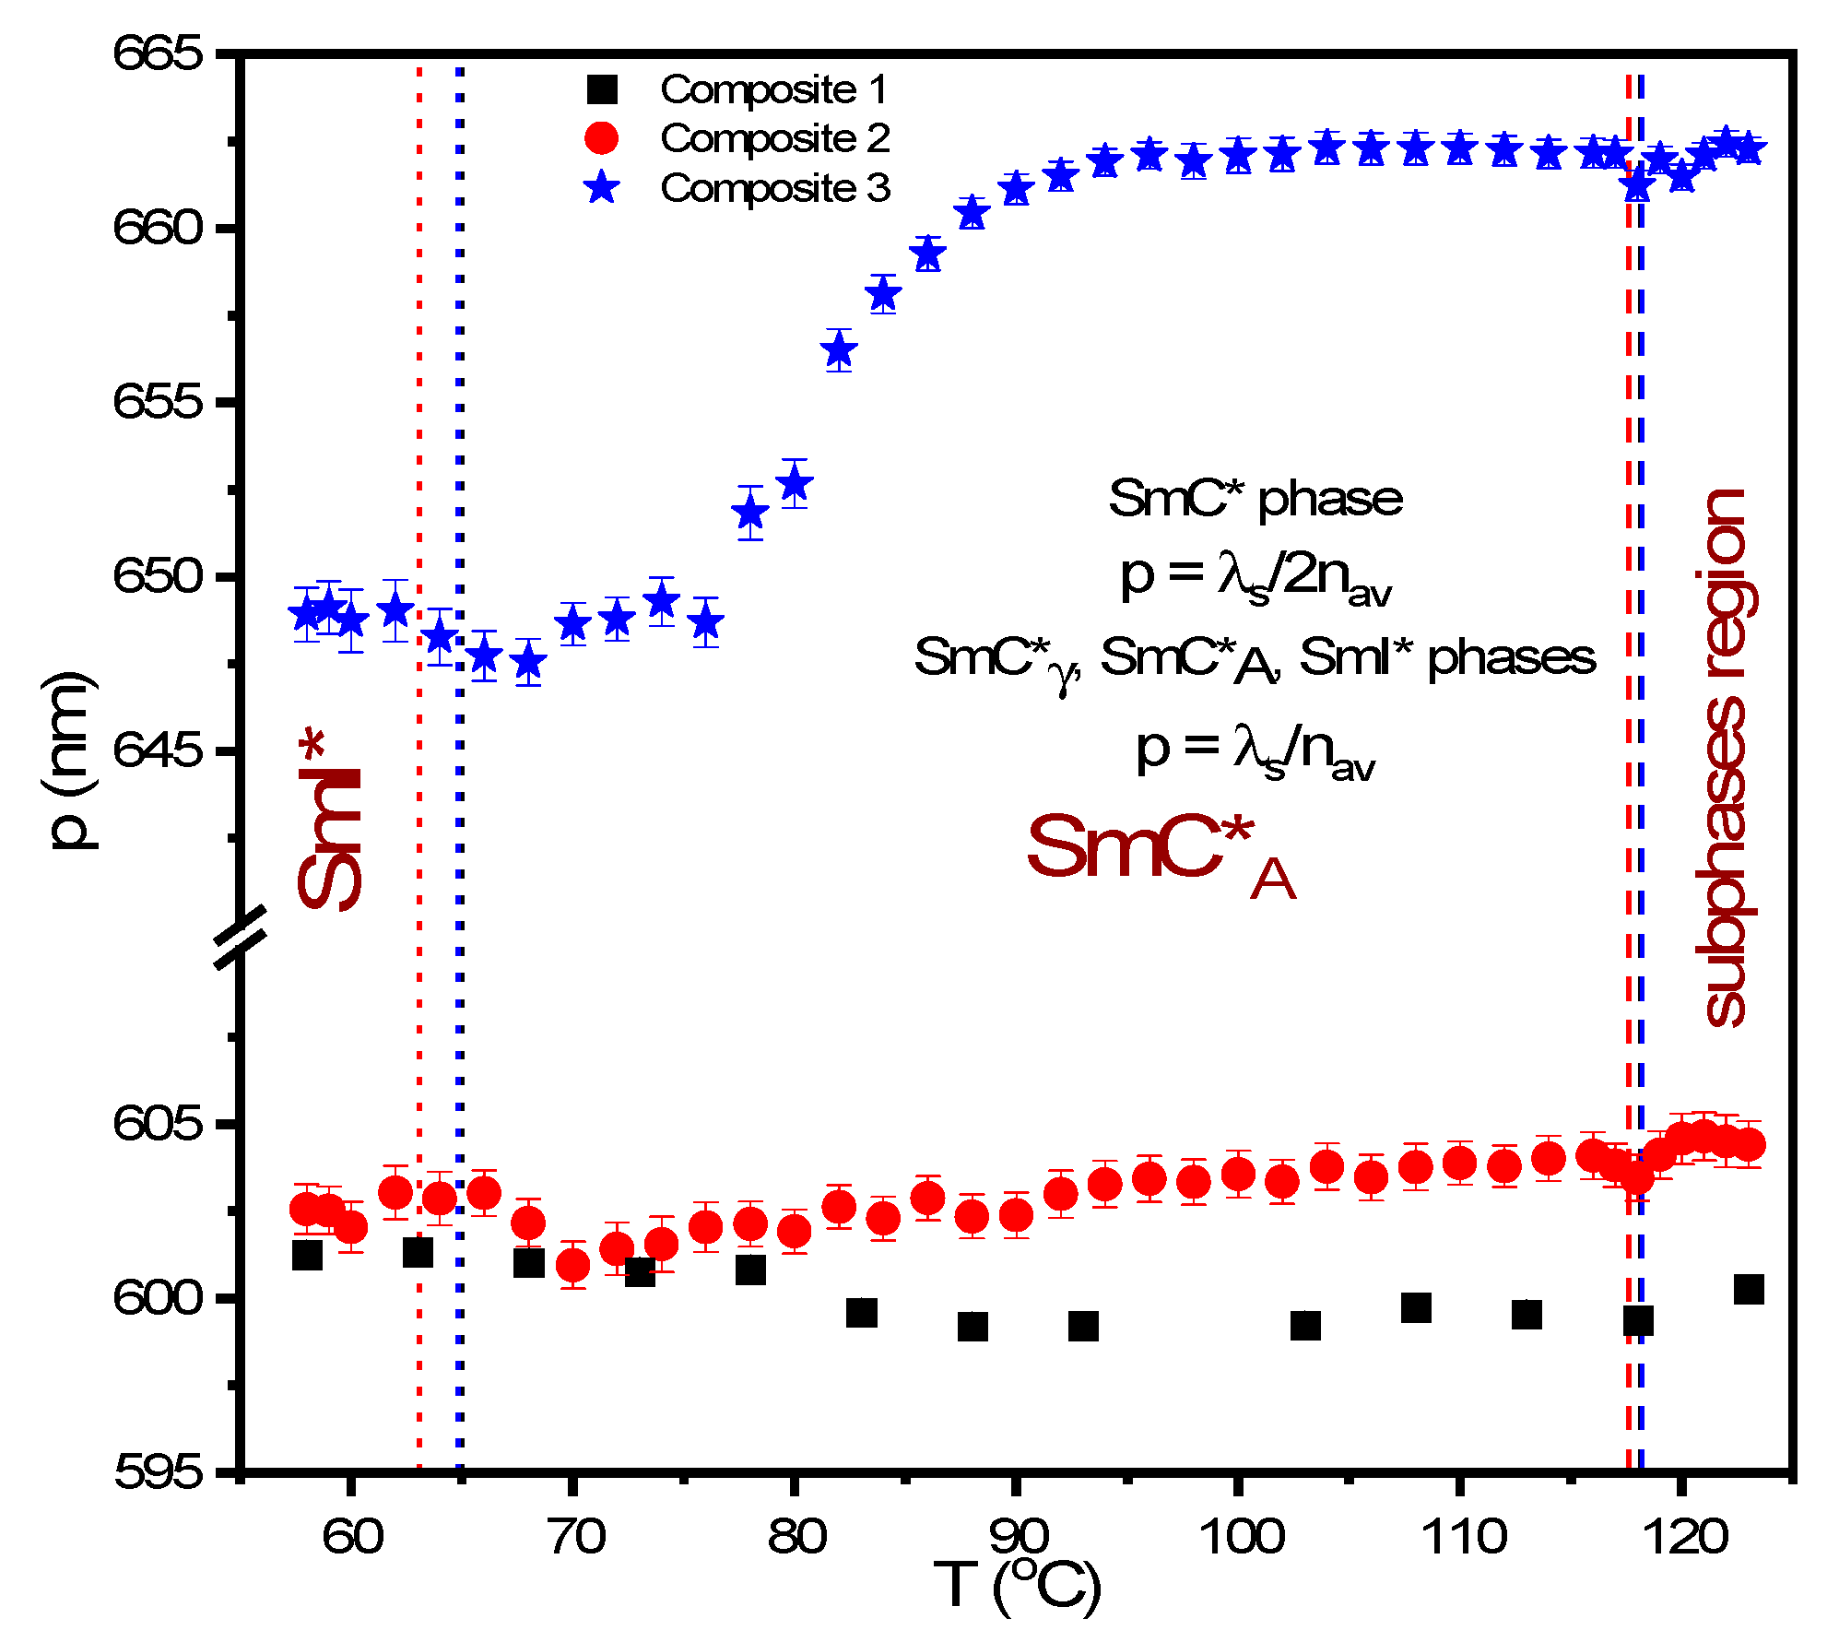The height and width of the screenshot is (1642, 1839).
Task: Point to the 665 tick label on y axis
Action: click(158, 53)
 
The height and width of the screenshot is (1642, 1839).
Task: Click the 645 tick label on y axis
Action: click(158, 750)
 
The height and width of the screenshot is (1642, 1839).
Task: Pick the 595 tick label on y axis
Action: click(158, 1472)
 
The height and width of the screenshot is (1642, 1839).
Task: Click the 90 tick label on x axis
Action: click(1018, 1536)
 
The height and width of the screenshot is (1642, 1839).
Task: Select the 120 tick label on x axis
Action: click(1683, 1536)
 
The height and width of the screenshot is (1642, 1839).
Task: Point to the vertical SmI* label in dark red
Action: click(329, 820)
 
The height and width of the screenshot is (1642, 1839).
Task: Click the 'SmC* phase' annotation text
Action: click(1255, 499)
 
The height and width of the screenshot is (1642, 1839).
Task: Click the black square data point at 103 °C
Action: click(1305, 1326)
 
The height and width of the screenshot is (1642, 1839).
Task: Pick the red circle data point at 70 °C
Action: click(572, 1265)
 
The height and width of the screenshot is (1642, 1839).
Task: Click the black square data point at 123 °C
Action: click(1749, 1289)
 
